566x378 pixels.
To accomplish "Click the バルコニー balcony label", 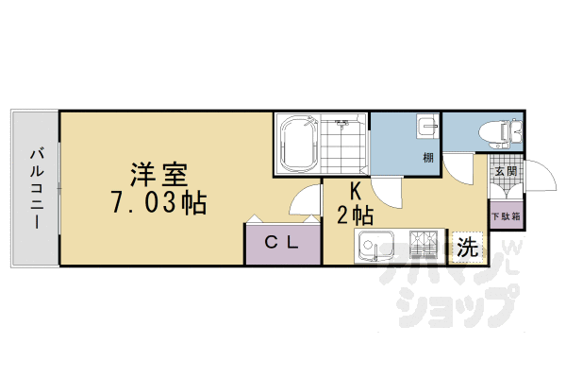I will click(x=35, y=187).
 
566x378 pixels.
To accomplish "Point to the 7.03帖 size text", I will click(x=158, y=202).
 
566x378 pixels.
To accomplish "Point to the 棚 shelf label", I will click(x=427, y=158).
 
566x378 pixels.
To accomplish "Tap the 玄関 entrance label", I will click(x=505, y=172).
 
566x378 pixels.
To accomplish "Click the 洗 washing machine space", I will click(x=467, y=248).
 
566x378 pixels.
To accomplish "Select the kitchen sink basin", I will click(x=375, y=247).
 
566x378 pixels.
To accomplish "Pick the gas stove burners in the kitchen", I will click(x=423, y=247).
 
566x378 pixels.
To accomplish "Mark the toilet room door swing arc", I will click(x=462, y=168).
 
